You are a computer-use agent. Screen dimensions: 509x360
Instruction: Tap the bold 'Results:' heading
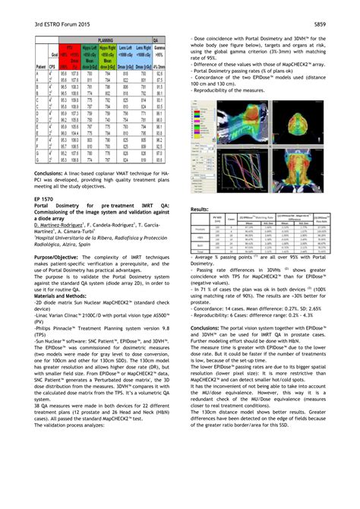pos(200,208)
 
